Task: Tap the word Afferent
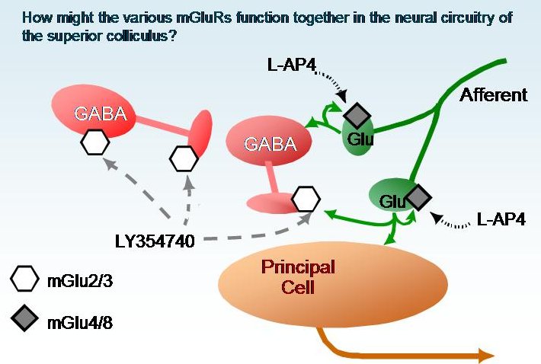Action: (x=493, y=95)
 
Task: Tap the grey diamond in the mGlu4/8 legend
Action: (x=26, y=321)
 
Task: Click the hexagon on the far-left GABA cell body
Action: (x=94, y=142)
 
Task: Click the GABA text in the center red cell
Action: (x=266, y=143)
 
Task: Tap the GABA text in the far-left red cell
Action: (x=99, y=116)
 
